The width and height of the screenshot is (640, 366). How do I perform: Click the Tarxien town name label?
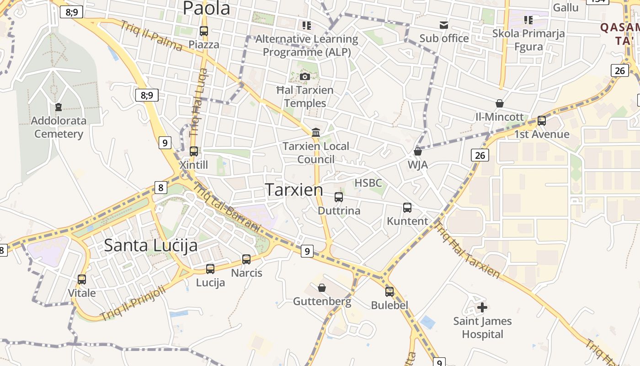point(294,189)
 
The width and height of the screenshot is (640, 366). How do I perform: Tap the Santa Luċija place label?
point(151,245)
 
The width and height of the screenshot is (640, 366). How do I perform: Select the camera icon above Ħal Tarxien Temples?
point(305,76)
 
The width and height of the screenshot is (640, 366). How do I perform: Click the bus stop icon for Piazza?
point(204,31)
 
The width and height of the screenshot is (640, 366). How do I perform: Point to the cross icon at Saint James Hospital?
point(482,307)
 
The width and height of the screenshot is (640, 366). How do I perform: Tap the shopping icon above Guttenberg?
point(322,288)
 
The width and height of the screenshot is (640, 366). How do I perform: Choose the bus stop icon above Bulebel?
point(389,291)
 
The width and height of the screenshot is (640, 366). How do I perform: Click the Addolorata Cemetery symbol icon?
point(59,107)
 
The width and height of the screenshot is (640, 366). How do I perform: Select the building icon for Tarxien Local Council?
point(315,133)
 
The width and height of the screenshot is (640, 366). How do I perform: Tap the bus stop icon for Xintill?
point(194,151)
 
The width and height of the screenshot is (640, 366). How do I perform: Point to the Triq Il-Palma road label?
point(151,36)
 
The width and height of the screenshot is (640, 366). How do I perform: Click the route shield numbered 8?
point(160,188)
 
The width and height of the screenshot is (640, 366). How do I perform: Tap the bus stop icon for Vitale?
point(82,279)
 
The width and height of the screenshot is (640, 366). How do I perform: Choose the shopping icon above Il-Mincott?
point(500,103)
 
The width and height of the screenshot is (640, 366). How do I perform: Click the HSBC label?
point(368,183)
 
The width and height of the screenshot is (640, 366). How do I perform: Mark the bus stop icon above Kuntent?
point(407,208)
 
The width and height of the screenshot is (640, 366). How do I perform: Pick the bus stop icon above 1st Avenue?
point(542,121)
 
